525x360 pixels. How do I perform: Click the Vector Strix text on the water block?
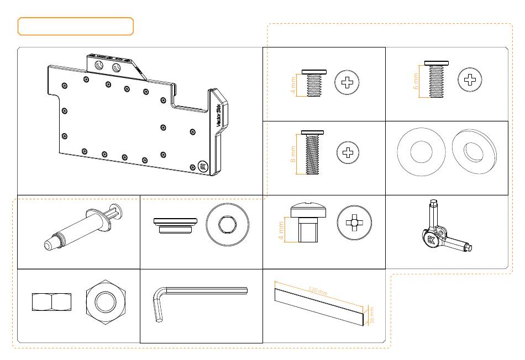click(218, 116)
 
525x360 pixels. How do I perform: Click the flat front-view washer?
click(421, 152)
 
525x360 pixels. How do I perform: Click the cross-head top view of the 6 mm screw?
click(470, 80)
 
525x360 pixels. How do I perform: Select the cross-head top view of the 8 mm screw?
click(348, 152)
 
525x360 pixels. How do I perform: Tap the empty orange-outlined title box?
click(76, 27)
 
